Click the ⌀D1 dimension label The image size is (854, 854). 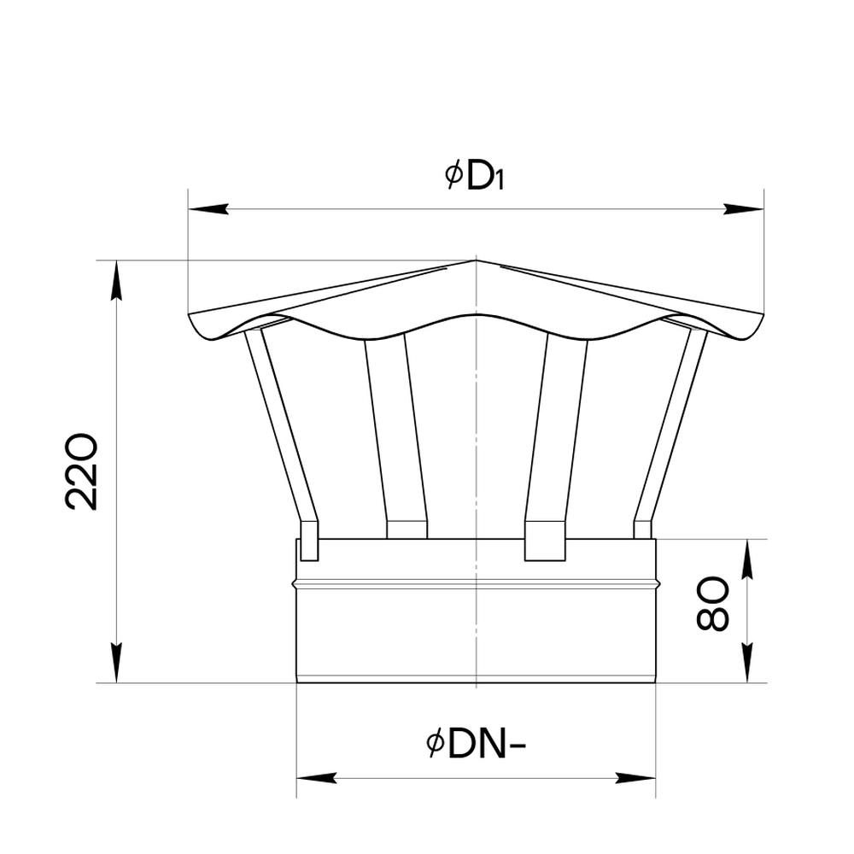[x=474, y=175]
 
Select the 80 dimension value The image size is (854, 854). [x=712, y=604]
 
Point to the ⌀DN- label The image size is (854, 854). [x=476, y=745]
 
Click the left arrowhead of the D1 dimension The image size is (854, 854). [x=208, y=209]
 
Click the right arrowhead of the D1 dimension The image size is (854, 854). [x=744, y=209]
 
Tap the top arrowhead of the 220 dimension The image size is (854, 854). [x=116, y=280]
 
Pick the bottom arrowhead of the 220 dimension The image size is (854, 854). [x=116, y=663]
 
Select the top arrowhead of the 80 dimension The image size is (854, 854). [x=748, y=559]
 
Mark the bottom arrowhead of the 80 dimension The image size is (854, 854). [x=748, y=663]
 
